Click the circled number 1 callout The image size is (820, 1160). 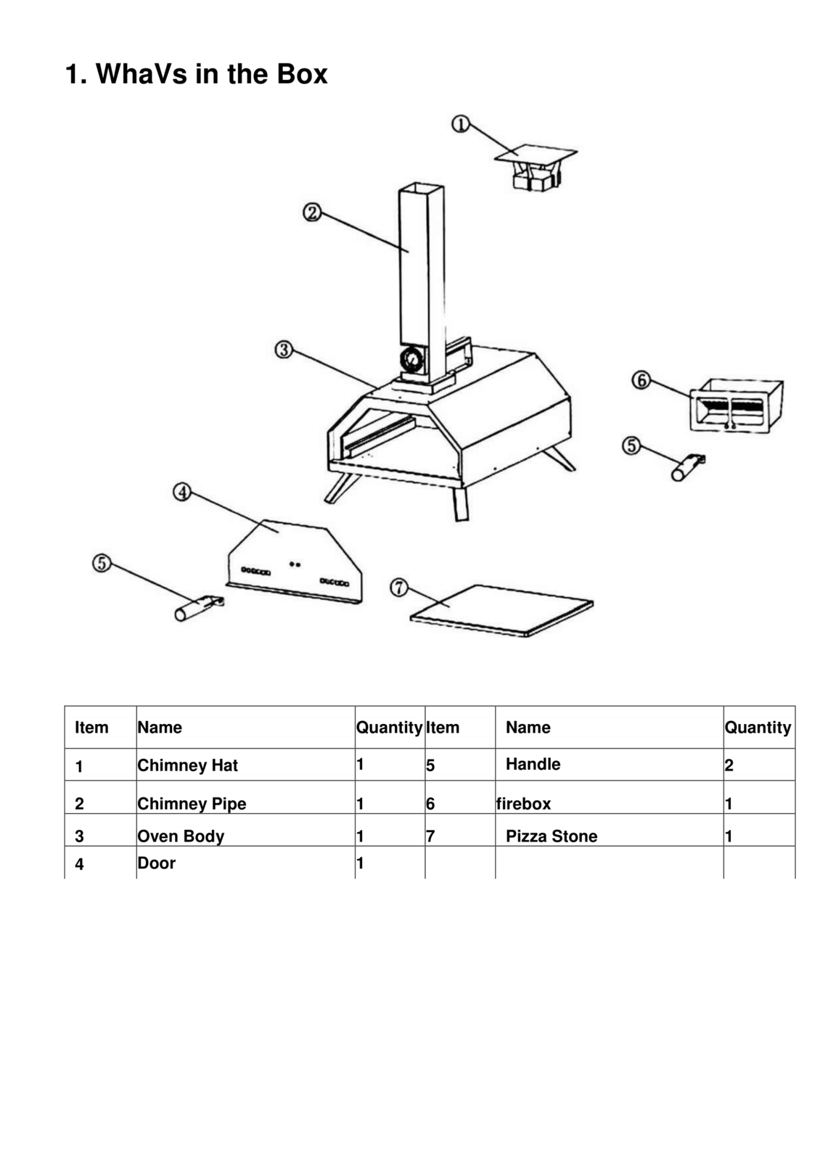(x=460, y=124)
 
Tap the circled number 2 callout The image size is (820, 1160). (x=311, y=213)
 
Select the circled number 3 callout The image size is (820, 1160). (x=283, y=350)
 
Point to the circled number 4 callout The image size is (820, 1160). (x=181, y=493)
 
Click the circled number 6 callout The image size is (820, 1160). (x=641, y=380)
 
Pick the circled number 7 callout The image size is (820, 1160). (x=399, y=587)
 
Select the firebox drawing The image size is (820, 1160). (x=734, y=406)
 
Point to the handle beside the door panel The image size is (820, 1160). (x=198, y=607)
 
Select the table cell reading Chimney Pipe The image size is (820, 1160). (x=192, y=804)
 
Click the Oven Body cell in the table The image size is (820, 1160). (x=181, y=836)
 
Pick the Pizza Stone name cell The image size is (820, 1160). (x=552, y=836)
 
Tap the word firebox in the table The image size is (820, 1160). (x=523, y=804)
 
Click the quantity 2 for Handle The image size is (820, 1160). (x=729, y=765)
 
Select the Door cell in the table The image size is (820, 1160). (x=157, y=863)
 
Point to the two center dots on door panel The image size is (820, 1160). (x=295, y=564)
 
